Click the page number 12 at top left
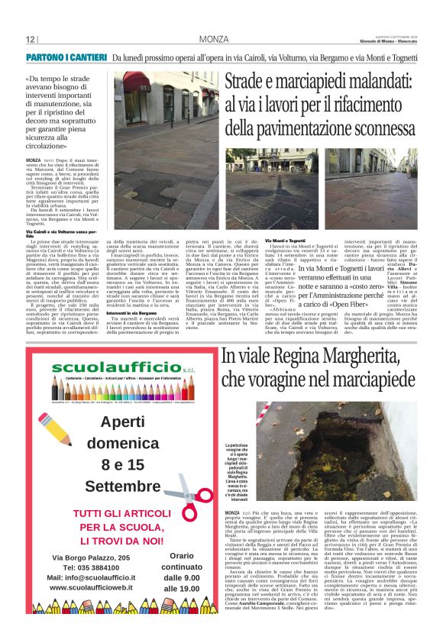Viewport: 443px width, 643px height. click(x=31, y=39)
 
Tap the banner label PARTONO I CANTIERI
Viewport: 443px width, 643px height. click(x=66, y=58)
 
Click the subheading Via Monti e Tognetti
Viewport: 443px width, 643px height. click(x=285, y=241)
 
